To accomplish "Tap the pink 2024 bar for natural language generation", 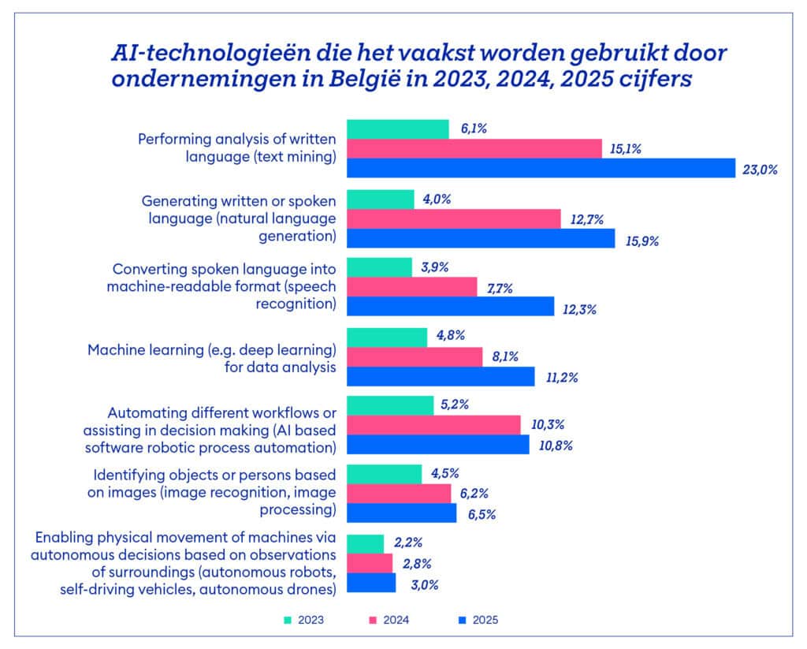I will pyautogui.click(x=453, y=218).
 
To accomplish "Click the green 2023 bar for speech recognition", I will pyautogui.click(x=379, y=267).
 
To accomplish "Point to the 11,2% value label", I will pyautogui.click(x=561, y=377).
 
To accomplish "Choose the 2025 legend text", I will pyautogui.click(x=485, y=620).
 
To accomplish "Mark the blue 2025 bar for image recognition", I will pyautogui.click(x=401, y=513).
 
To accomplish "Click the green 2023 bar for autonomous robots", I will pyautogui.click(x=365, y=543).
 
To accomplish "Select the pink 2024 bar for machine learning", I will pyautogui.click(x=415, y=357).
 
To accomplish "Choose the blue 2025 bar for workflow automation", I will pyautogui.click(x=437, y=445).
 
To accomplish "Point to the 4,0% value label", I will pyautogui.click(x=436, y=200).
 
